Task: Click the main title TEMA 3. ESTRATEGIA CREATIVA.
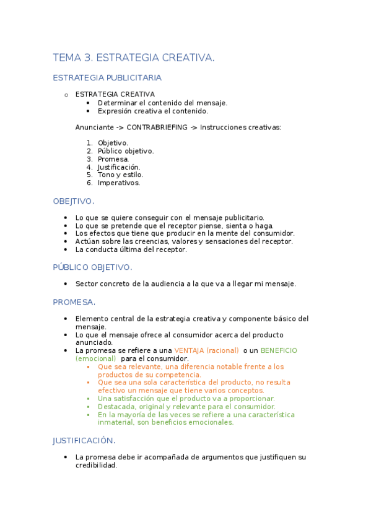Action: (x=134, y=58)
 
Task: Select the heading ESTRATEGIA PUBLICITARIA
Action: (x=107, y=78)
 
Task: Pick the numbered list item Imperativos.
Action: (x=119, y=183)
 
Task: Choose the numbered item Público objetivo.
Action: (x=126, y=151)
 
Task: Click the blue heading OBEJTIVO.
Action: (x=74, y=201)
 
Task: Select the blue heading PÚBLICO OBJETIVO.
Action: (x=92, y=267)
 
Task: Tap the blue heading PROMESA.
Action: (x=74, y=302)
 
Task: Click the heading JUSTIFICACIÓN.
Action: (x=84, y=441)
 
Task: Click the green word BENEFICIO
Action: (x=279, y=350)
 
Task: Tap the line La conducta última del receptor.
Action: (x=131, y=249)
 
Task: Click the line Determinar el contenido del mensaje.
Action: (x=162, y=103)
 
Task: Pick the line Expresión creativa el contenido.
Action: (x=152, y=111)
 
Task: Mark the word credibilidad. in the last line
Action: (x=96, y=465)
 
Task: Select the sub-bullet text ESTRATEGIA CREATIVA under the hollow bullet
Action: (x=115, y=94)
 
